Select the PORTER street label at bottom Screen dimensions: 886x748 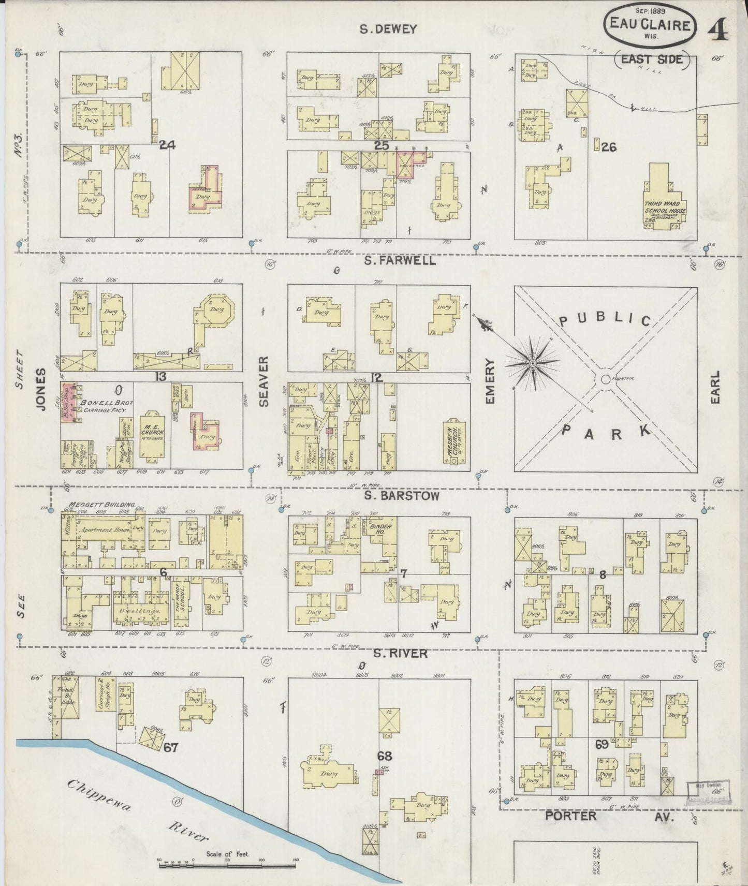570,816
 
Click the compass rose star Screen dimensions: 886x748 532,364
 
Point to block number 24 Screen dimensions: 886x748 167,145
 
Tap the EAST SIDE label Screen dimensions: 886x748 652,59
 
